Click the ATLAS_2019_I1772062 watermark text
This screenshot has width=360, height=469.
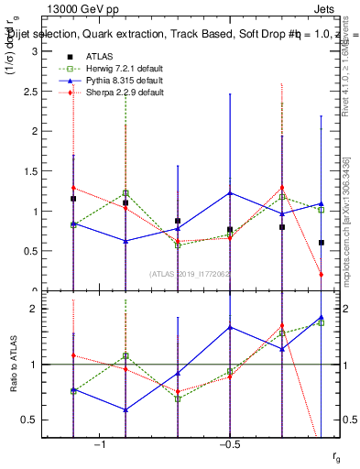(191, 273)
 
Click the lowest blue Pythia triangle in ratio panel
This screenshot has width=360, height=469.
(125, 409)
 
